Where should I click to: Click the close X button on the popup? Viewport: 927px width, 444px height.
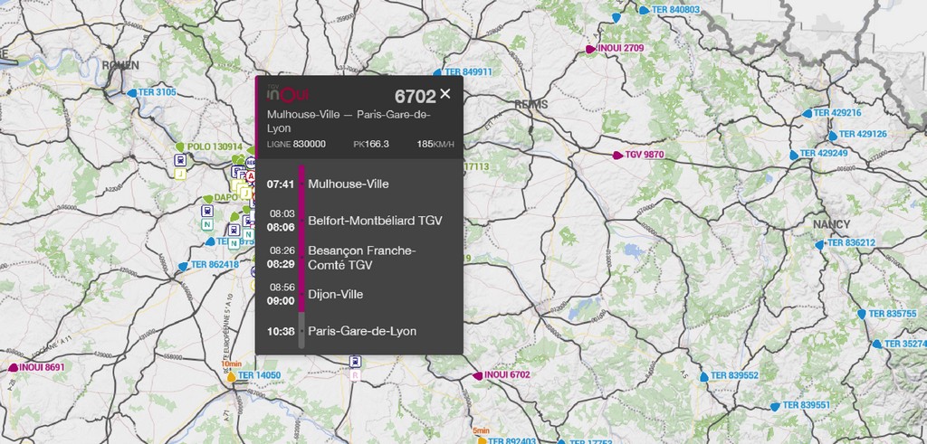[x=445, y=94]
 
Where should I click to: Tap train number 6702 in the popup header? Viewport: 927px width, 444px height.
[x=415, y=96]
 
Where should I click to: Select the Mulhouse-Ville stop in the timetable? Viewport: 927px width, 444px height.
[x=349, y=184]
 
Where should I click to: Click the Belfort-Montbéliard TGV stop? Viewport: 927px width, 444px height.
[x=375, y=221]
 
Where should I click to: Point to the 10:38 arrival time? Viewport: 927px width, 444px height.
[x=281, y=331]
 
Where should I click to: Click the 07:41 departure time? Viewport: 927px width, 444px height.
[x=281, y=184]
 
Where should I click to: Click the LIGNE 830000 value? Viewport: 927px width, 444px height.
[x=309, y=144]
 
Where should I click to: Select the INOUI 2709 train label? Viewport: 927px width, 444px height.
[x=620, y=48]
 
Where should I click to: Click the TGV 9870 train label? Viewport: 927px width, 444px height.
[x=645, y=156]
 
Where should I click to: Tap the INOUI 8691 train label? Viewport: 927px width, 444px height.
[x=42, y=367]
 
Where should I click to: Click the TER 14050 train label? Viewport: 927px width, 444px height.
[x=259, y=374]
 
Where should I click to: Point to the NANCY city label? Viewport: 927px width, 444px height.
[x=831, y=223]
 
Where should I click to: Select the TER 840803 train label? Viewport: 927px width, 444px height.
[x=675, y=10]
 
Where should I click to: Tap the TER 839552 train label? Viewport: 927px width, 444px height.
[x=733, y=375]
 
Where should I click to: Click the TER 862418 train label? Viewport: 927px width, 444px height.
[x=214, y=265]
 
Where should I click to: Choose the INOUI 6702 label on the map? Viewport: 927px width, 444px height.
[x=506, y=374]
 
